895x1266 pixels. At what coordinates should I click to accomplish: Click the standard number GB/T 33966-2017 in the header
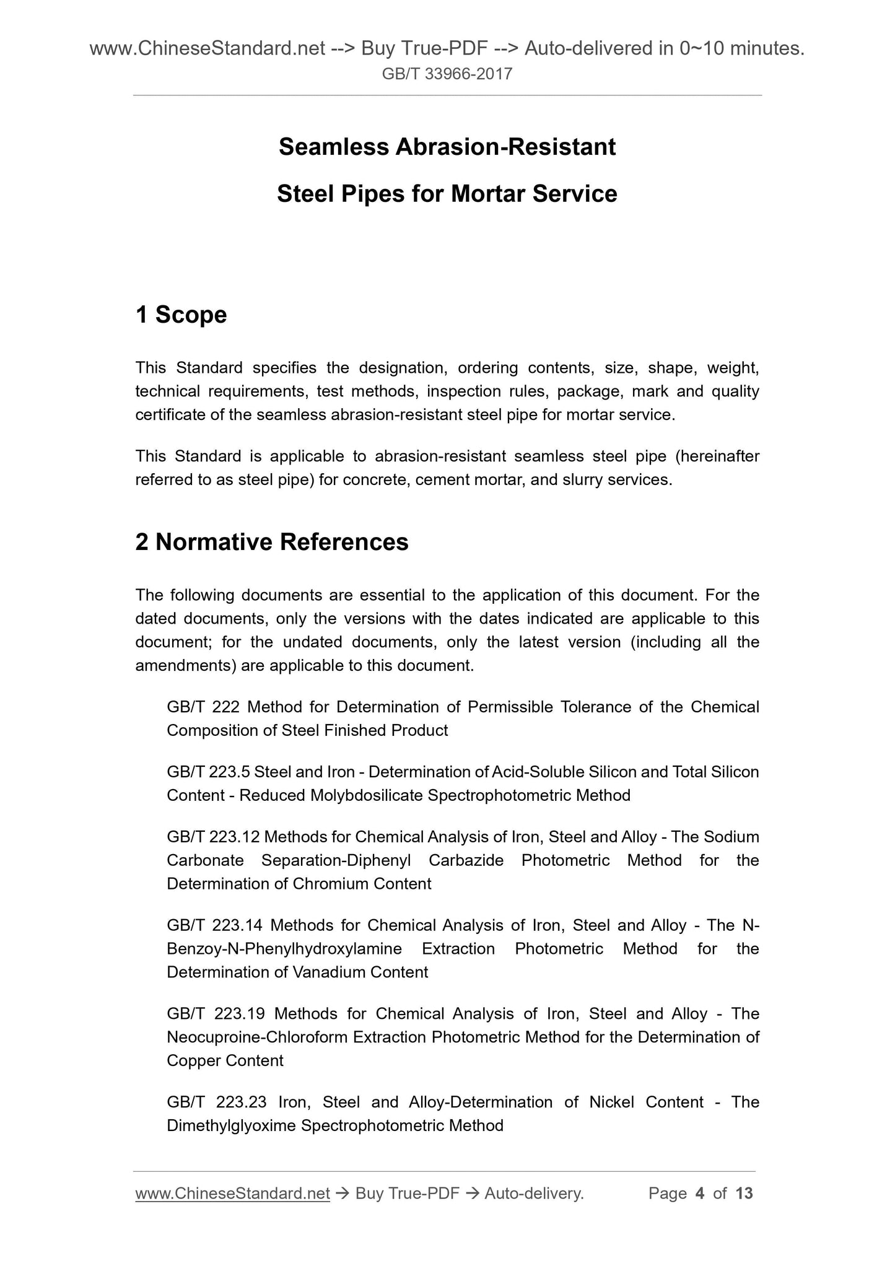[x=447, y=74]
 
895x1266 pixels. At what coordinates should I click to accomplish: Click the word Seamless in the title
[x=333, y=147]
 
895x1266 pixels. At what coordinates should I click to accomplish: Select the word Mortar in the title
[x=487, y=194]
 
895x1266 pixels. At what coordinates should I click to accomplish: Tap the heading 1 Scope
[x=181, y=315]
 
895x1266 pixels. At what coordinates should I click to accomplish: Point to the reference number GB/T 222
[x=203, y=707]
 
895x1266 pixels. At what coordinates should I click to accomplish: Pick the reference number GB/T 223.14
[x=214, y=926]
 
